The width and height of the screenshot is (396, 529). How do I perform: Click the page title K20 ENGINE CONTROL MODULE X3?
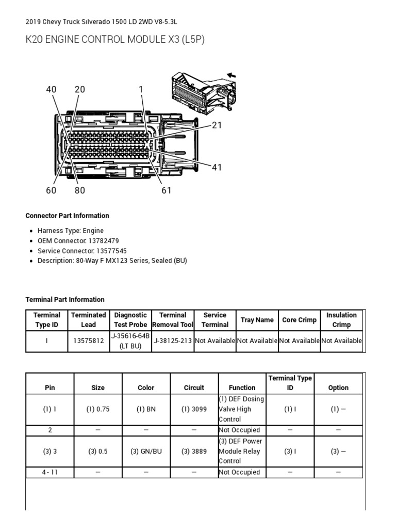click(x=115, y=40)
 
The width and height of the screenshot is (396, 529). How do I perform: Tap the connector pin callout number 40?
click(x=51, y=89)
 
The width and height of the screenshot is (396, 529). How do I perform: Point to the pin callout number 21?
click(x=217, y=125)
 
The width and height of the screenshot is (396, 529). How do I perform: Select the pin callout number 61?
click(x=166, y=190)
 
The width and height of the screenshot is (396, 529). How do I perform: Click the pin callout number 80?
click(x=79, y=190)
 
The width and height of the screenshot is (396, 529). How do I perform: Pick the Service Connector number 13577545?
click(x=111, y=251)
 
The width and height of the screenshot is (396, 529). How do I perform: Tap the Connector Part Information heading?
click(x=67, y=215)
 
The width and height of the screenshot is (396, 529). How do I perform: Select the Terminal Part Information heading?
click(x=65, y=299)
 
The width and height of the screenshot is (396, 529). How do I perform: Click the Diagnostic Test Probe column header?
click(x=130, y=320)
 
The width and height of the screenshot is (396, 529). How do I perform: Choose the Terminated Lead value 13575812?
click(x=88, y=341)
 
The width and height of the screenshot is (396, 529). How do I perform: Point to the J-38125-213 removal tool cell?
click(x=173, y=341)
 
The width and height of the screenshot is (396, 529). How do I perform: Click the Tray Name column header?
click(x=257, y=320)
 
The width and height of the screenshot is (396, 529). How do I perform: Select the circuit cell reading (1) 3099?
click(x=194, y=409)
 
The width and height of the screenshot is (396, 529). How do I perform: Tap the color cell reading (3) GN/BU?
click(x=146, y=451)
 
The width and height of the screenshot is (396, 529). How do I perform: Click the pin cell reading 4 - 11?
click(x=50, y=472)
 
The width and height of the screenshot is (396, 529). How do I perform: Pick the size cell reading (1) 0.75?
click(x=97, y=409)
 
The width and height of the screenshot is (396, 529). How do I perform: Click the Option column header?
click(x=338, y=387)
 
